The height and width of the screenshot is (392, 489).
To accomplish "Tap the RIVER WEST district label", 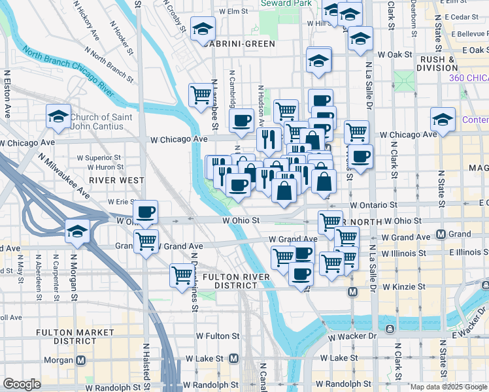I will click(x=108, y=180).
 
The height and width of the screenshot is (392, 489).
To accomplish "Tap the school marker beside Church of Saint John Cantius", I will click(x=58, y=117).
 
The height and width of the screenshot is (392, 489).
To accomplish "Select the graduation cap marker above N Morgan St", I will click(x=77, y=231).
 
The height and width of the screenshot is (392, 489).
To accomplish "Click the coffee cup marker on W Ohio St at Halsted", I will click(x=146, y=212).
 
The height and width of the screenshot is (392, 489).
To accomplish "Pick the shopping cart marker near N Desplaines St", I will click(x=181, y=275).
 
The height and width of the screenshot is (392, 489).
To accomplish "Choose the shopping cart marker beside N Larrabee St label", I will click(x=201, y=95).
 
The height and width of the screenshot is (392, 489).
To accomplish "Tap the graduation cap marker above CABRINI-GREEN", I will click(x=203, y=29).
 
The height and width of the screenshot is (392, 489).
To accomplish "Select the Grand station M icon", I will click(x=441, y=234).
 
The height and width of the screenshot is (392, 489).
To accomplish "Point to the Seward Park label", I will click(x=277, y=3).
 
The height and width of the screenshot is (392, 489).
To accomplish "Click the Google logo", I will click(x=22, y=384).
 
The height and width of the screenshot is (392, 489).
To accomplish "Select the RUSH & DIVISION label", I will click(x=436, y=63).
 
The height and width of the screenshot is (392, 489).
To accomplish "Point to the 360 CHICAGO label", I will click(x=469, y=78).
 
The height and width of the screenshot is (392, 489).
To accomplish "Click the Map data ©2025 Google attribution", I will click(x=448, y=387).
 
